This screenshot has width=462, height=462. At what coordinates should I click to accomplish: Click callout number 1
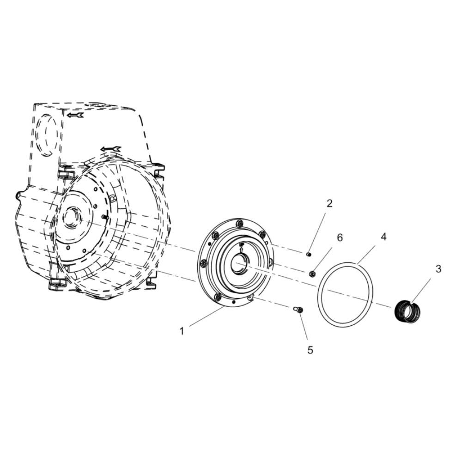click(182, 331)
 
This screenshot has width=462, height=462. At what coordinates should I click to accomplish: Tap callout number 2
click(329, 203)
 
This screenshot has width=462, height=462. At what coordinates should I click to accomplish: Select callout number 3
click(438, 269)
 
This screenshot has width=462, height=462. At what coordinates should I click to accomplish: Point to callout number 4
click(383, 237)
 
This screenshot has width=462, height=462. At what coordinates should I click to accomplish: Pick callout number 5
click(310, 350)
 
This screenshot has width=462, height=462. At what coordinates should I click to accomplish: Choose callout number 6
click(340, 237)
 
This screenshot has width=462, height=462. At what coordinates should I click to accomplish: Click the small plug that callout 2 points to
click(309, 254)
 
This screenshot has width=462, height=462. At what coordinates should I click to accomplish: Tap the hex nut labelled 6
click(312, 274)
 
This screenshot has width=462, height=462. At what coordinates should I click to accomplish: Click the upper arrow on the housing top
click(75, 114)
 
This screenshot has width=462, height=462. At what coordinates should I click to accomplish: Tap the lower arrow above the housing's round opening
click(111, 149)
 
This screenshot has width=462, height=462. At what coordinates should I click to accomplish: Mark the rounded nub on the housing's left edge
click(19, 196)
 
